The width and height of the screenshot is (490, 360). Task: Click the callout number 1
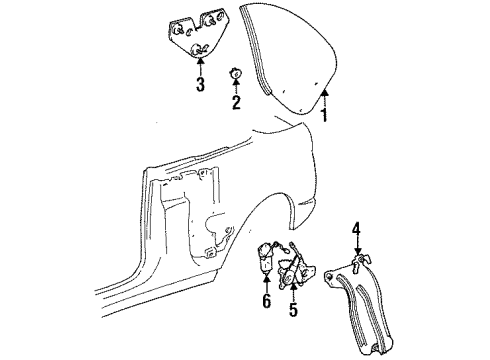click(323, 115)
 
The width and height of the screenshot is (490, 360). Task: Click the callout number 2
click(236, 101)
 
